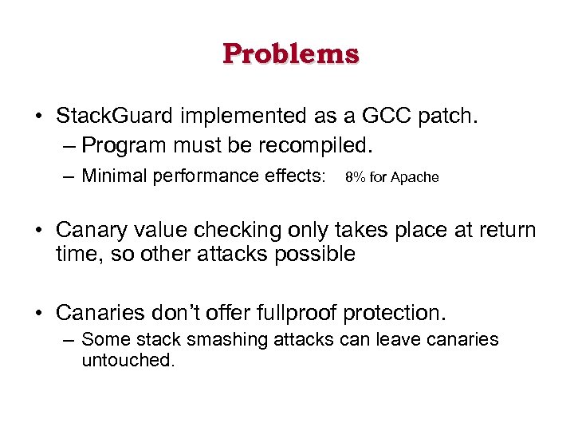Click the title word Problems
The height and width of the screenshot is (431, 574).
pyautogui.click(x=291, y=53)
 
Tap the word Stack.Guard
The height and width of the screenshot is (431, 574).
pyautogui.click(x=113, y=117)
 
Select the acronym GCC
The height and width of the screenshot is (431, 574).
pyautogui.click(x=384, y=117)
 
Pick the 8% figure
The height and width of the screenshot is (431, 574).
pyautogui.click(x=356, y=177)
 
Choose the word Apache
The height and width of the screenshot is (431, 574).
pyautogui.click(x=414, y=177)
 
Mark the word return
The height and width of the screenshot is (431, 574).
pyautogui.click(x=509, y=231)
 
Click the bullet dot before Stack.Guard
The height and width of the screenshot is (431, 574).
pyautogui.click(x=38, y=117)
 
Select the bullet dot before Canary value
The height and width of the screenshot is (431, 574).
pyautogui.click(x=38, y=231)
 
